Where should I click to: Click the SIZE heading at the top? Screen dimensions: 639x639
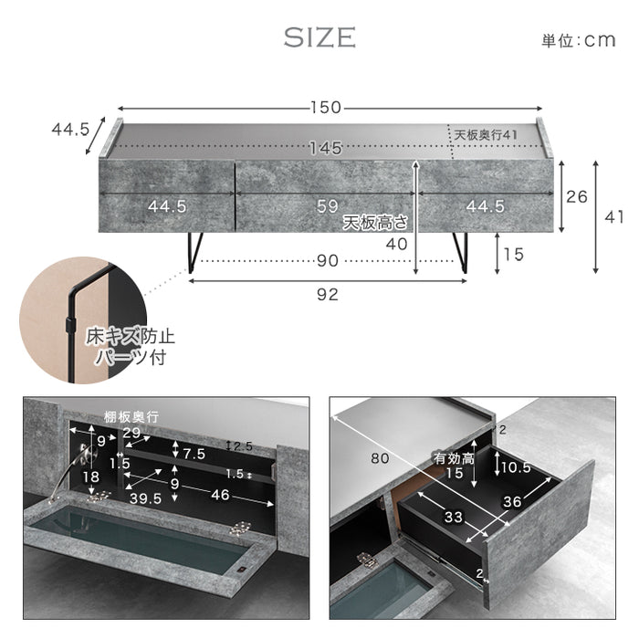point(319,37)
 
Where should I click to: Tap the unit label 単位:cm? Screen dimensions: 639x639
point(580,40)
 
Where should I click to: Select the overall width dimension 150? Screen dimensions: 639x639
point(325,108)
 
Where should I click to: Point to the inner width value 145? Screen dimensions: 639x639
point(325,147)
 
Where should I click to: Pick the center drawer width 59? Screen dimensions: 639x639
point(328,207)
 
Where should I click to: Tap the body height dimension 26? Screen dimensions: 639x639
point(576,195)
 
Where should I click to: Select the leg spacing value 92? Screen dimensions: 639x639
point(327,294)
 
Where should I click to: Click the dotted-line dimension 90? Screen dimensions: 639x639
point(327,261)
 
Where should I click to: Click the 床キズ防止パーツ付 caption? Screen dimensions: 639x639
point(131,346)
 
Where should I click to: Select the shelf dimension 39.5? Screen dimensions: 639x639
point(146,499)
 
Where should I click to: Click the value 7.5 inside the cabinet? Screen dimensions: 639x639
point(193,454)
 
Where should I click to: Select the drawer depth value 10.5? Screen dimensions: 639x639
point(516,466)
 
